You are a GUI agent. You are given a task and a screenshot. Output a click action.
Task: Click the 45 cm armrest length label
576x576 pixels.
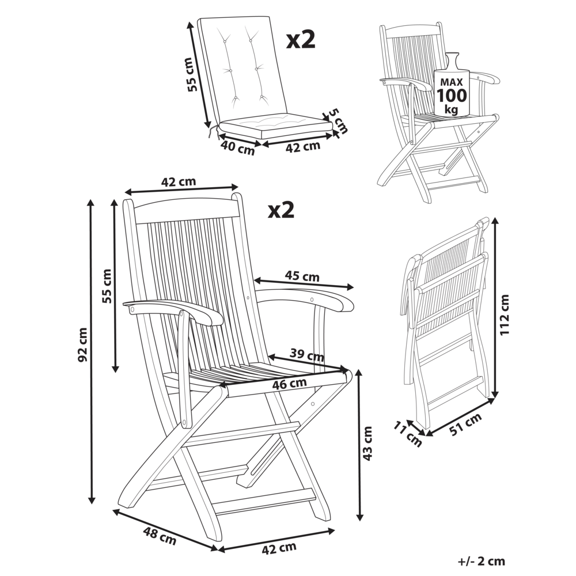click(x=302, y=276)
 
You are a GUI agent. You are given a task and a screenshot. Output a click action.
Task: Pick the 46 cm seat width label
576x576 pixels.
click(x=290, y=383)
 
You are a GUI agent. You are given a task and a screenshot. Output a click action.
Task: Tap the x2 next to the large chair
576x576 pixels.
click(x=281, y=210)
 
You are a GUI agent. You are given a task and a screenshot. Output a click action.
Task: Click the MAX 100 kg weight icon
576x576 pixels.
click(x=451, y=86)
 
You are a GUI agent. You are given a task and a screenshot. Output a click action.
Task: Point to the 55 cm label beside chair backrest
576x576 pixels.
click(x=106, y=287)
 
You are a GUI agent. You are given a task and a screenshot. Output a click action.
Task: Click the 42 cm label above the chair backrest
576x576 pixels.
click(x=178, y=182)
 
